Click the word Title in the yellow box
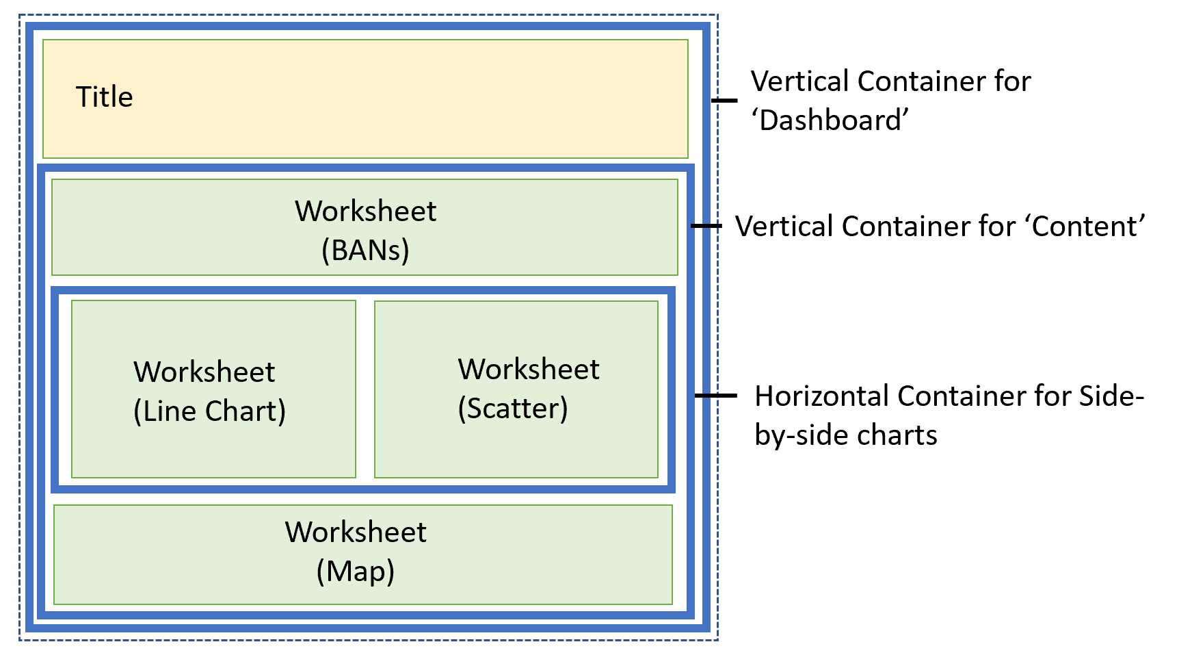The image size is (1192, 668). coord(104,97)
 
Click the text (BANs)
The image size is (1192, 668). coord(365,250)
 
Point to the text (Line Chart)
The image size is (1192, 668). coord(209,411)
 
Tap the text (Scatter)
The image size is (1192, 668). coord(513,409)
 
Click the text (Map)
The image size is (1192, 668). coord(355,571)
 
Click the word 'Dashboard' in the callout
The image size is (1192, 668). coord(830,120)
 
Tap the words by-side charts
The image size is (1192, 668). coord(845,435)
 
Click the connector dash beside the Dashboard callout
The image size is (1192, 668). coord(724,101)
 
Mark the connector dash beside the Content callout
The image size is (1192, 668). coord(706,226)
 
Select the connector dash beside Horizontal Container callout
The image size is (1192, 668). coord(716,396)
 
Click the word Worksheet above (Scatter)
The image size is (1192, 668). coord(529,370)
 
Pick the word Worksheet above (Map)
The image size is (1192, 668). coord(356,532)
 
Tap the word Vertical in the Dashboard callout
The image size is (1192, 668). coord(799,81)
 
